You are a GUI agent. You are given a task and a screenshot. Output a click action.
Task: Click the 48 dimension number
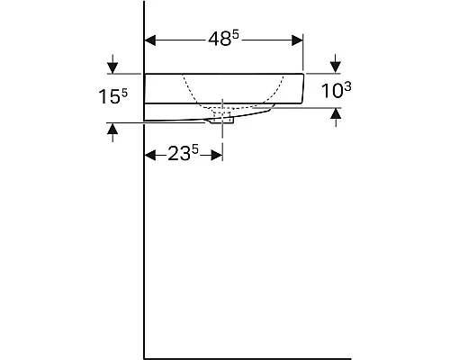click(x=220, y=40)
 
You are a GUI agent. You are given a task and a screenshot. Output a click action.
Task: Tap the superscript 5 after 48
click(x=236, y=35)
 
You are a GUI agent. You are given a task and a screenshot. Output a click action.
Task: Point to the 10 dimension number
click(x=332, y=91)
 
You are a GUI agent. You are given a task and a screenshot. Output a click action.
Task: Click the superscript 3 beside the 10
click(x=347, y=87)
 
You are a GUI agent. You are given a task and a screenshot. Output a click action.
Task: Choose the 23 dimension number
click(x=179, y=154)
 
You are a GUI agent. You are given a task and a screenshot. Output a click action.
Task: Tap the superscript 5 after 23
click(x=195, y=149)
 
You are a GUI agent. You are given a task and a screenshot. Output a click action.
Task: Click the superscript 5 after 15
click(x=124, y=93)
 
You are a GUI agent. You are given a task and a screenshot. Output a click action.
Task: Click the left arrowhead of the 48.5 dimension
click(x=150, y=40)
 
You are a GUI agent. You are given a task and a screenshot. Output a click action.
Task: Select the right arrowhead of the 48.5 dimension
click(x=297, y=40)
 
